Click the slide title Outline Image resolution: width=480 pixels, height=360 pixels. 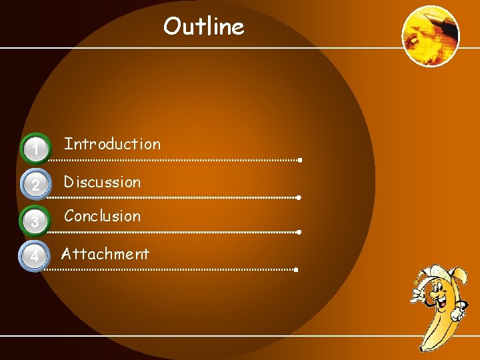coord(204,27)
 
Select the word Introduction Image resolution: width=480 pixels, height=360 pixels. coord(112,144)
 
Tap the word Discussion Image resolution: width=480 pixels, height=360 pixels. coord(102,182)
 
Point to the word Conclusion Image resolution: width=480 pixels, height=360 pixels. coord(102,216)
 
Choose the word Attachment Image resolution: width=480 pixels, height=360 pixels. coord(105,254)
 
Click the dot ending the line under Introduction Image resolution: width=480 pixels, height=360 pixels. coord(301,160)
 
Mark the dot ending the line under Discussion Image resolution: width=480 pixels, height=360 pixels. coord(299,198)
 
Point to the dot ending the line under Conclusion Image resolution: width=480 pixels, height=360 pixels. coord(299,232)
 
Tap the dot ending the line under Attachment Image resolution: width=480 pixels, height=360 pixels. coord(295,270)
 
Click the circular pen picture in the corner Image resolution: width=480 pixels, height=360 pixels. coord(431,36)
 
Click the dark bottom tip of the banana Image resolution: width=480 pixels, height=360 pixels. coord(423,347)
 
